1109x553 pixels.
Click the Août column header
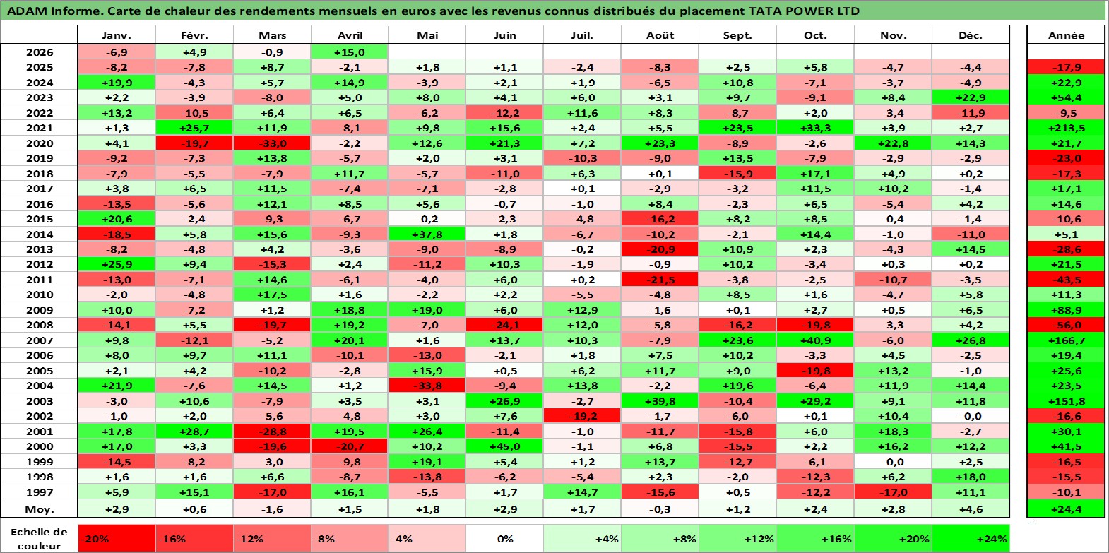[660, 35]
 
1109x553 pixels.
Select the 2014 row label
[40, 234]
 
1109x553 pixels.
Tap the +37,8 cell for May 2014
[427, 234]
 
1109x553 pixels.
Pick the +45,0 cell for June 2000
[504, 446]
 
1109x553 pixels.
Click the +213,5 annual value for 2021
[1067, 128]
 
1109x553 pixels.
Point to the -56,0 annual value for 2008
[1067, 326]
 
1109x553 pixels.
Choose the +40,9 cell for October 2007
[815, 340]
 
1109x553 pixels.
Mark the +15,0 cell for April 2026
[350, 52]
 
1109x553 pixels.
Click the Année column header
[1067, 35]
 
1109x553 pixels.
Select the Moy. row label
[40, 509]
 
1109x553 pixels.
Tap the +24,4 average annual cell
[1067, 509]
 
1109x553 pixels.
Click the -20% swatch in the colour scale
[117, 539]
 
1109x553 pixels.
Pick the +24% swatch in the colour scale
[971, 539]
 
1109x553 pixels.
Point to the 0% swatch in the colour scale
[504, 539]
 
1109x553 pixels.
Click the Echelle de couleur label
[39, 539]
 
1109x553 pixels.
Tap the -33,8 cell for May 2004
[427, 386]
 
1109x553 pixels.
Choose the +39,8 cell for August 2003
[660, 401]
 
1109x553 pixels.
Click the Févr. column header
[194, 35]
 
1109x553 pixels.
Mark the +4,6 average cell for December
[971, 509]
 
